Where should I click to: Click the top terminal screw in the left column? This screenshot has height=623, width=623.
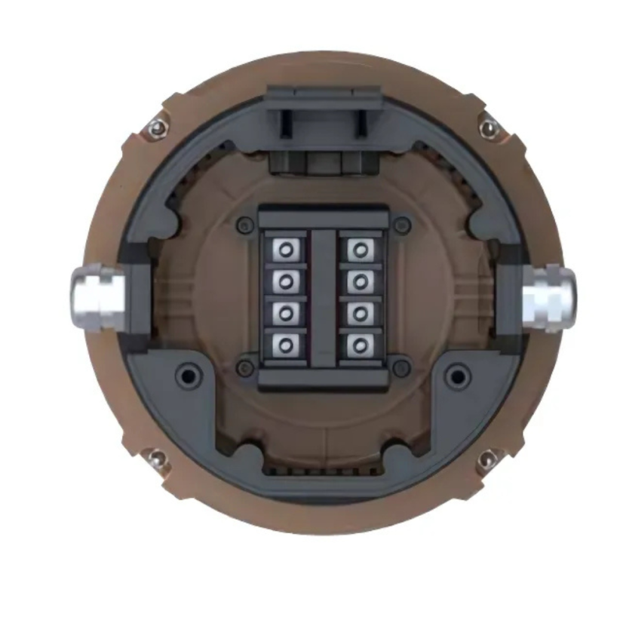[286, 249]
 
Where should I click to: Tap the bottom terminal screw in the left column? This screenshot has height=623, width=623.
[286, 345]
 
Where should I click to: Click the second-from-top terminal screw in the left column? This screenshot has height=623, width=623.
[286, 281]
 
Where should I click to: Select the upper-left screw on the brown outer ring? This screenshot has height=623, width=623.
[156, 128]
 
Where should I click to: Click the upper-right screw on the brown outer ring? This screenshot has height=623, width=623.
[488, 128]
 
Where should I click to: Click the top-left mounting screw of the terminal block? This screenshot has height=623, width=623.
[243, 224]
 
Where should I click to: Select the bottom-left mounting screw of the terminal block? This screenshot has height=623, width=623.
[243, 368]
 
